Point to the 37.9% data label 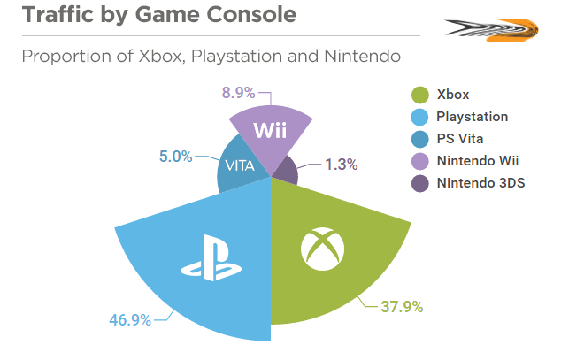point(401,308)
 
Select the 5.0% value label point(175,156)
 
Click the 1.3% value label point(341,164)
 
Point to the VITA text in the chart point(241,165)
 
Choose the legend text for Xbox point(452,95)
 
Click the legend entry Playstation point(472,117)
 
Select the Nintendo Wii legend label point(479,161)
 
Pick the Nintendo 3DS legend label point(480,184)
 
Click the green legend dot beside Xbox point(421,95)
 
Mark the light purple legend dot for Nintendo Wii point(421,161)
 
